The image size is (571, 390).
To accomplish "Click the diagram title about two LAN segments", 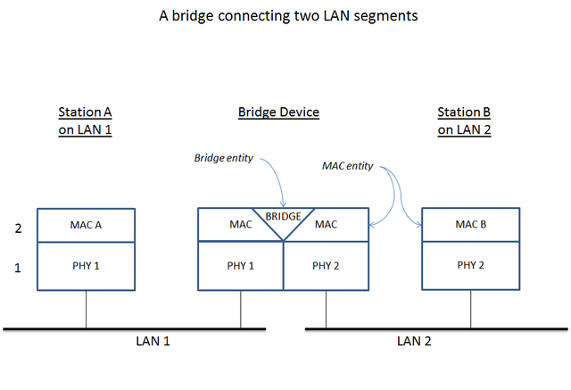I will (285, 16).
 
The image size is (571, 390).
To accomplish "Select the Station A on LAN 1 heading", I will (85, 120).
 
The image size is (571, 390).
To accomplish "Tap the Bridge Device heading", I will (278, 112).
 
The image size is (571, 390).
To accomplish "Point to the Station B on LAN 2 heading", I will (464, 120).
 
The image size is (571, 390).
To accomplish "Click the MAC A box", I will (86, 225).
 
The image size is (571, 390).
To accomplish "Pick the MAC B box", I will (470, 225).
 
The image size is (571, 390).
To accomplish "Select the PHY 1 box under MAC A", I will (86, 265).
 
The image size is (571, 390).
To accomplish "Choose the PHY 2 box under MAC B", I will (470, 265).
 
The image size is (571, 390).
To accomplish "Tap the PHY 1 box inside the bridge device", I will (240, 266).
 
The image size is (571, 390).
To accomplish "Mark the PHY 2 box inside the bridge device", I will (326, 266).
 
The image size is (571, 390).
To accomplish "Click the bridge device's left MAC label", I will (240, 225).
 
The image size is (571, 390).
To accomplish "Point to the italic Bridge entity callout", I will (223, 158).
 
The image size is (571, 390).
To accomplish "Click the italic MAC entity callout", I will (347, 166).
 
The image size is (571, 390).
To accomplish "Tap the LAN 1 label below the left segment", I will (153, 341).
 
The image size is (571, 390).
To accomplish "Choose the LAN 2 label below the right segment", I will (414, 341).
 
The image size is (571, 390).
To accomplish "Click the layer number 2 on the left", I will (17, 228).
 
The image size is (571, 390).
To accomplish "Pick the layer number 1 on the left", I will (17, 266).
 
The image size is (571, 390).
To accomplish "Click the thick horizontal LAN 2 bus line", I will (437, 329).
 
